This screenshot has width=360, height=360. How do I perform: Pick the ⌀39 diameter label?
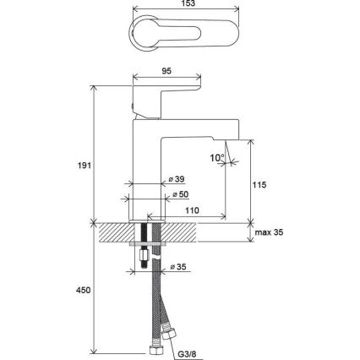[177, 180]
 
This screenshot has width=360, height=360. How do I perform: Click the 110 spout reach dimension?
[192, 210]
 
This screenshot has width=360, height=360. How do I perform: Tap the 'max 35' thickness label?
[272, 232]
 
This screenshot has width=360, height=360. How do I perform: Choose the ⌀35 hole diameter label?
[178, 268]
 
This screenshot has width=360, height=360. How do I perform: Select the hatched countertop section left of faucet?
[113, 232]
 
